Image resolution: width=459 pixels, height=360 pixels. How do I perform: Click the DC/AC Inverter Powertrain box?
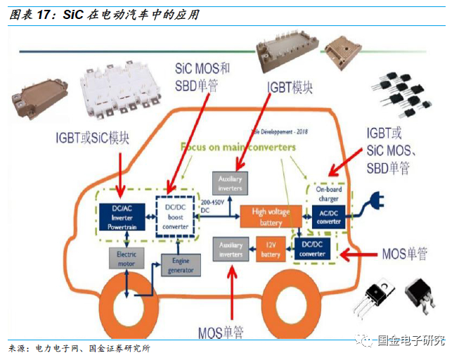pos(120,217)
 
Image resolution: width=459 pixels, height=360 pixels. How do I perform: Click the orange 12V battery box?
pos(271,250)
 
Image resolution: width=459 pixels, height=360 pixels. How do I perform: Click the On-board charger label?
pos(328,194)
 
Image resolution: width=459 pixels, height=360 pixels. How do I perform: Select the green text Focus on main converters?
pos(238,148)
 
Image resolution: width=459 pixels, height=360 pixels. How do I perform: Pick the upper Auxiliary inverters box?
pos(231,184)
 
